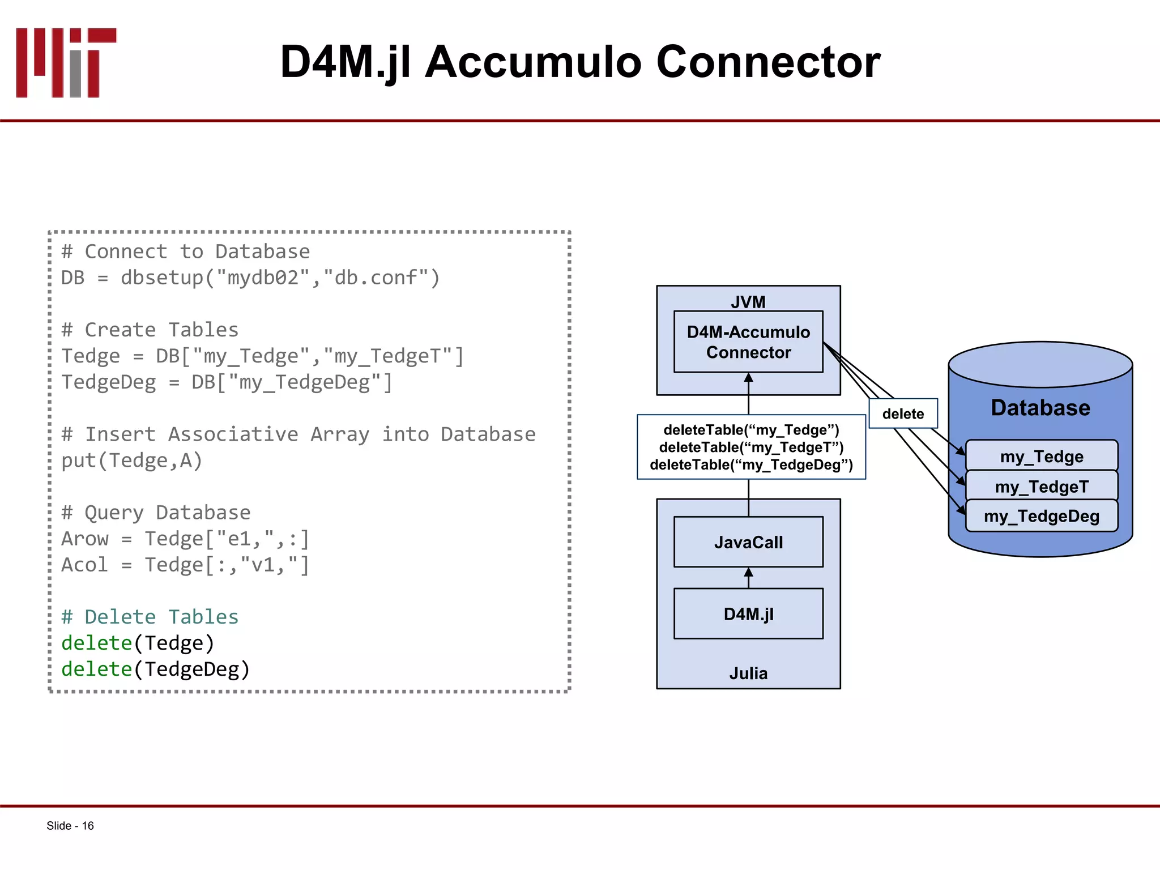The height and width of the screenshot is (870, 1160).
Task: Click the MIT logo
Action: click(66, 62)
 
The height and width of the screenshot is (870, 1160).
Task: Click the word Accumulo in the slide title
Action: click(533, 62)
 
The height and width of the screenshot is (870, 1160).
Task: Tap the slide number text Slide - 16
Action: click(70, 826)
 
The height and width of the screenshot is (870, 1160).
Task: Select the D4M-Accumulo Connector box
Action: click(748, 342)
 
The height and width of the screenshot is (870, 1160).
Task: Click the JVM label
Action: click(748, 302)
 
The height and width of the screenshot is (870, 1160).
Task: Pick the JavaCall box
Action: click(748, 542)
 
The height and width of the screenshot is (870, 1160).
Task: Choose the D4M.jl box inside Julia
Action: click(748, 614)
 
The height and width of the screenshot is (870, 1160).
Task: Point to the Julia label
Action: click(748, 673)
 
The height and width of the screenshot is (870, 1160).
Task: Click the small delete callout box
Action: click(903, 414)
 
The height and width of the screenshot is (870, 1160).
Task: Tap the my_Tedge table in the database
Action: click(1042, 456)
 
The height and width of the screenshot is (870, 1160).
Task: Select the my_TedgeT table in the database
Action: click(1042, 487)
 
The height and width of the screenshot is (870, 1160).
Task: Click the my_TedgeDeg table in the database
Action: click(1042, 516)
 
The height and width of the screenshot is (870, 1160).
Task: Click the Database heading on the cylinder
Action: click(1040, 408)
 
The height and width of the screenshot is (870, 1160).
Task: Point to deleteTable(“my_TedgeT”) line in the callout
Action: click(751, 447)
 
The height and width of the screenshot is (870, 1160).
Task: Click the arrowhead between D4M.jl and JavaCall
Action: click(748, 573)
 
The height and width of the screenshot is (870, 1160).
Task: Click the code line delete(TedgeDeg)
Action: click(156, 669)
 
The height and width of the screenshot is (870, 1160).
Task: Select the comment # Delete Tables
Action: click(150, 617)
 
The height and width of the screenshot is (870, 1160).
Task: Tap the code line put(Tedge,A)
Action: click(132, 460)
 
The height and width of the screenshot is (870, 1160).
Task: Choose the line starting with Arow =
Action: click(185, 539)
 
